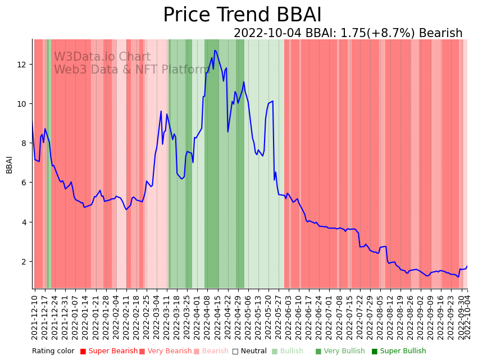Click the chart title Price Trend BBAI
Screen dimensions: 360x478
(242, 15)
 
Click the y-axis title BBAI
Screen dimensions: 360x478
(10, 165)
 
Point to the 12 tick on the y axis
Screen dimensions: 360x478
(23, 65)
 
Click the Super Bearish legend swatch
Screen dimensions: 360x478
(83, 352)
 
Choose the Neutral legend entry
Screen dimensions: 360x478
(251, 352)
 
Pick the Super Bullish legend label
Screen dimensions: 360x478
(403, 352)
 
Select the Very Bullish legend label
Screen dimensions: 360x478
(344, 352)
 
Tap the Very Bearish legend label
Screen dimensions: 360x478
(169, 352)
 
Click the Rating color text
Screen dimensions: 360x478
(53, 352)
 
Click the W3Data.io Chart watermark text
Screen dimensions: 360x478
(102, 57)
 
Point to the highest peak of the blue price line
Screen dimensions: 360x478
(215, 50)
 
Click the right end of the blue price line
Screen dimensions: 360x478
(467, 266)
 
